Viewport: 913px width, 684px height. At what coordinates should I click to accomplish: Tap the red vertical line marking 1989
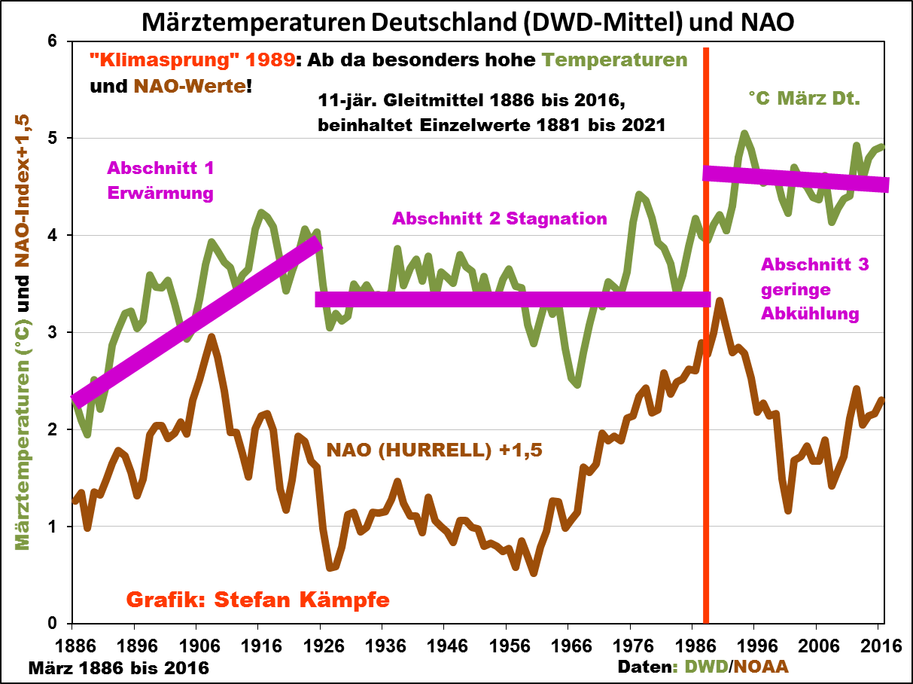click(x=706, y=452)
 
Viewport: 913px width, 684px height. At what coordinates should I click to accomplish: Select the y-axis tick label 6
click(x=53, y=41)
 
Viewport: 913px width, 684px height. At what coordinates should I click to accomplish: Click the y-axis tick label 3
click(x=53, y=332)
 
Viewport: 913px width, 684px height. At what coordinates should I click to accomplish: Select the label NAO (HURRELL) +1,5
click(x=434, y=450)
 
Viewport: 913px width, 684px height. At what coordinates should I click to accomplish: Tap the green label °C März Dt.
click(x=803, y=97)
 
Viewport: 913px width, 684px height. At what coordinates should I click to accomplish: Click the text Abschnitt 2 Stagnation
click(x=499, y=219)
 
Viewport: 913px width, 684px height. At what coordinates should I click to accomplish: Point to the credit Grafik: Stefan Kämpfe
click(x=257, y=600)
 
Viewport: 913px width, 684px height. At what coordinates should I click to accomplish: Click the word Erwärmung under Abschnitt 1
click(x=160, y=193)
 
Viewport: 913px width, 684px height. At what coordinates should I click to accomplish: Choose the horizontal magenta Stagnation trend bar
click(x=512, y=299)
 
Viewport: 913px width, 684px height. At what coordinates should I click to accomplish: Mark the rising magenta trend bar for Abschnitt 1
click(x=196, y=320)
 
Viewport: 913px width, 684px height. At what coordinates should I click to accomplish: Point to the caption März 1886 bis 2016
click(x=118, y=667)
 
